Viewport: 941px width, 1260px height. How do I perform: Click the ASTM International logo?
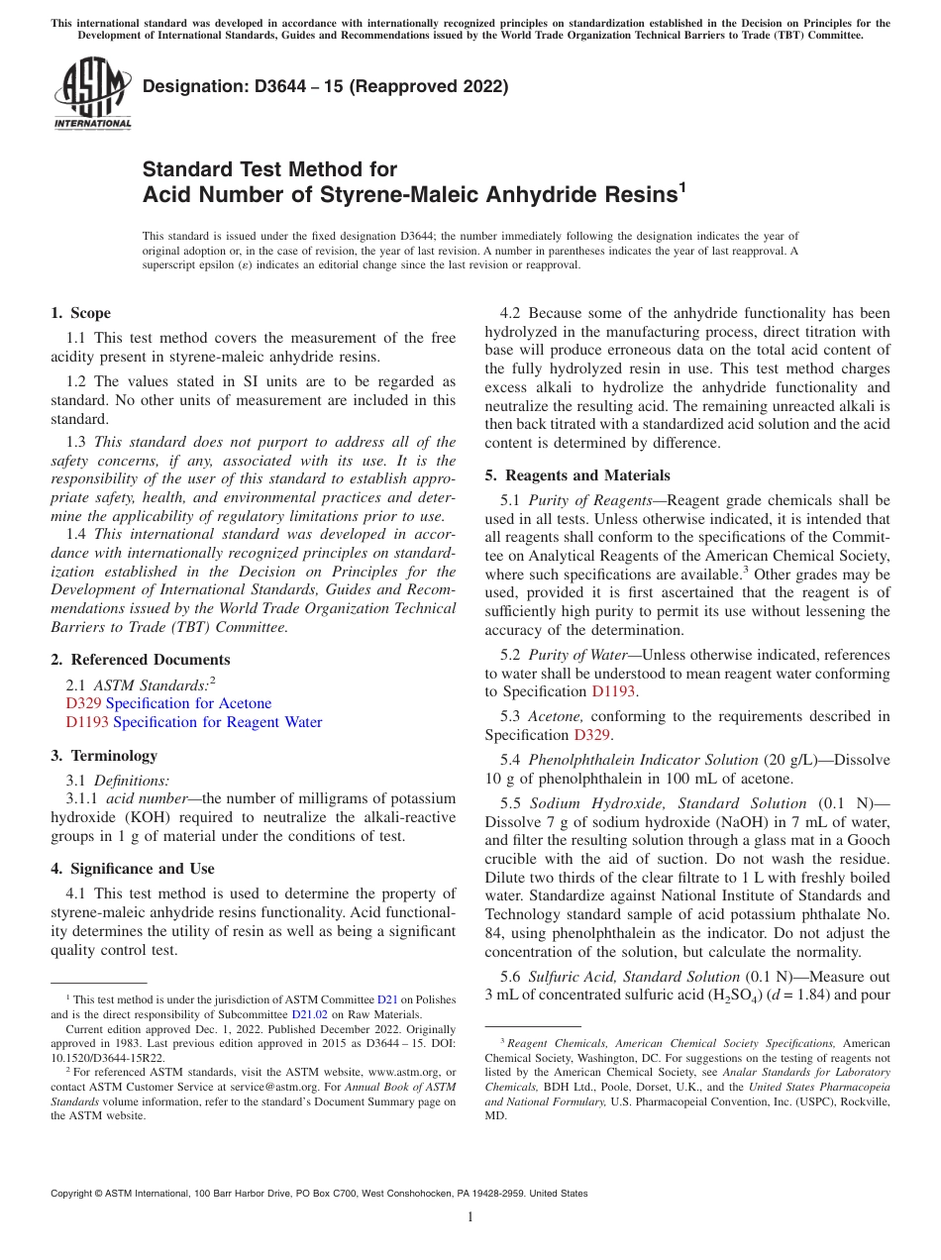pos(91,93)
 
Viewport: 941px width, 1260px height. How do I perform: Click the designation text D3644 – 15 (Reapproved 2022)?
pos(325,86)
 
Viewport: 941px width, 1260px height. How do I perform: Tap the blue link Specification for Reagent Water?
pos(217,722)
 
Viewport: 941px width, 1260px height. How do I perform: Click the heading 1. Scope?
pos(80,313)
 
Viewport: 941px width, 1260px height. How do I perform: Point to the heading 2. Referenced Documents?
pos(140,660)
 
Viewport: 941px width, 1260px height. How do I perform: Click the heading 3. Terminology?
pos(104,756)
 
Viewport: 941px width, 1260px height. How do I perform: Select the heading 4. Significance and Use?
pos(132,869)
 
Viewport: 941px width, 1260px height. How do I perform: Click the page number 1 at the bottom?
pos(470,1216)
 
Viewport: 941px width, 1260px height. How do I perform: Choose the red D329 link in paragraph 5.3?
pos(591,735)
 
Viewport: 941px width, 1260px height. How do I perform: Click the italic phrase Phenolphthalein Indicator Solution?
pos(643,760)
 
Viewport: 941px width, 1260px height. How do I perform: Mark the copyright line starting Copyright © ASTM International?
pos(319,1194)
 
